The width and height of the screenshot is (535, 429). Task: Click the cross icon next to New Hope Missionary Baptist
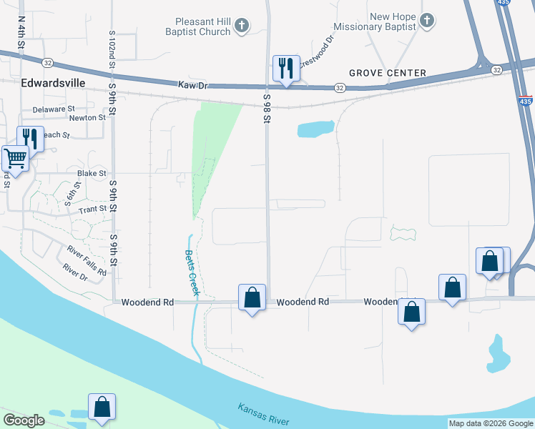click(x=427, y=20)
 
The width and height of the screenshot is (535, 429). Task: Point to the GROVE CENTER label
click(x=388, y=73)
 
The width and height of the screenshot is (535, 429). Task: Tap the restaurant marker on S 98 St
click(x=286, y=69)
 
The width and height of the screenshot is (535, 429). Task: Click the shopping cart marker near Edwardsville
click(x=14, y=159)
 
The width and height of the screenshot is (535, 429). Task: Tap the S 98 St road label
click(x=266, y=108)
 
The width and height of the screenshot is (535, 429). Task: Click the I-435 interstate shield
click(x=525, y=103)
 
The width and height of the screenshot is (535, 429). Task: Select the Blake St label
click(x=92, y=173)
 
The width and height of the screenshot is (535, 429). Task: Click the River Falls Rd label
click(x=87, y=261)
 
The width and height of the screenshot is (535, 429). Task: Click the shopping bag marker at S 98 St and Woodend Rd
click(x=252, y=297)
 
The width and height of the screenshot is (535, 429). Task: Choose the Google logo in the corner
click(x=24, y=420)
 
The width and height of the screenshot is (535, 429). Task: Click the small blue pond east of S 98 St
click(x=315, y=129)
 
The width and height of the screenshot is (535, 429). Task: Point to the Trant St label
click(x=92, y=209)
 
